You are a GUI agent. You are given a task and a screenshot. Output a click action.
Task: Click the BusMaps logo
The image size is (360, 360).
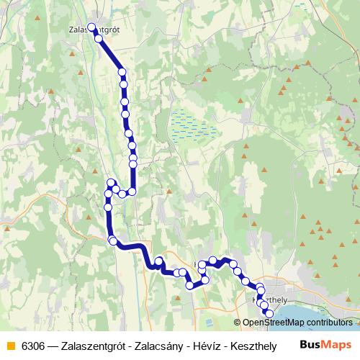point(325,345)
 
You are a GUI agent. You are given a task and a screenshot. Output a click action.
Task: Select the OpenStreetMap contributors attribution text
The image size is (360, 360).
point(297,323)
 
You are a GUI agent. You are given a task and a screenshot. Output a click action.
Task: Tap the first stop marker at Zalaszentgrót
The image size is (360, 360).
point(91,29)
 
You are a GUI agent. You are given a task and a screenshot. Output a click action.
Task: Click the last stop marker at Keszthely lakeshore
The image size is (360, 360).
point(269,314)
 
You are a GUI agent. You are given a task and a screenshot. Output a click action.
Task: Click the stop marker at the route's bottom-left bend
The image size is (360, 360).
point(112,240)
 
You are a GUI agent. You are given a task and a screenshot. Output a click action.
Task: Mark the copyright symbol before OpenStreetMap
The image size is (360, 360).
point(238,323)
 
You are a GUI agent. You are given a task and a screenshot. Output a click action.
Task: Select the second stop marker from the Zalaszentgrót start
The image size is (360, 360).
point(99,38)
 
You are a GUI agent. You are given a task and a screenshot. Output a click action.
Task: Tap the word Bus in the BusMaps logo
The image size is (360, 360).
point(310,345)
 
